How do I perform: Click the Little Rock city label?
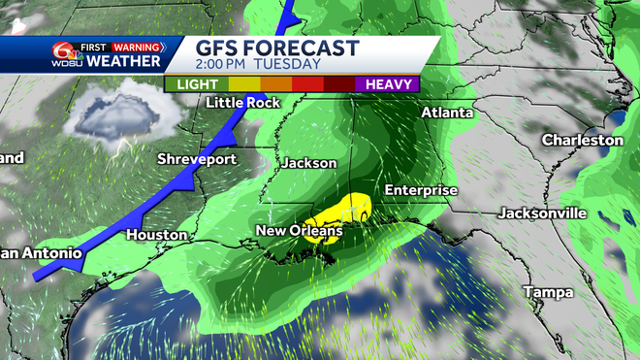tap(243, 103)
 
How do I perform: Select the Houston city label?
tap(155, 235)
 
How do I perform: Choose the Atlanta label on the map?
tap(447, 113)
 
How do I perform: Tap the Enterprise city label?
tap(420, 190)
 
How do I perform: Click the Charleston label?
tap(582, 141)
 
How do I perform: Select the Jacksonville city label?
tap(542, 213)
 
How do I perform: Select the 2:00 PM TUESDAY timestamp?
tap(258, 64)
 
